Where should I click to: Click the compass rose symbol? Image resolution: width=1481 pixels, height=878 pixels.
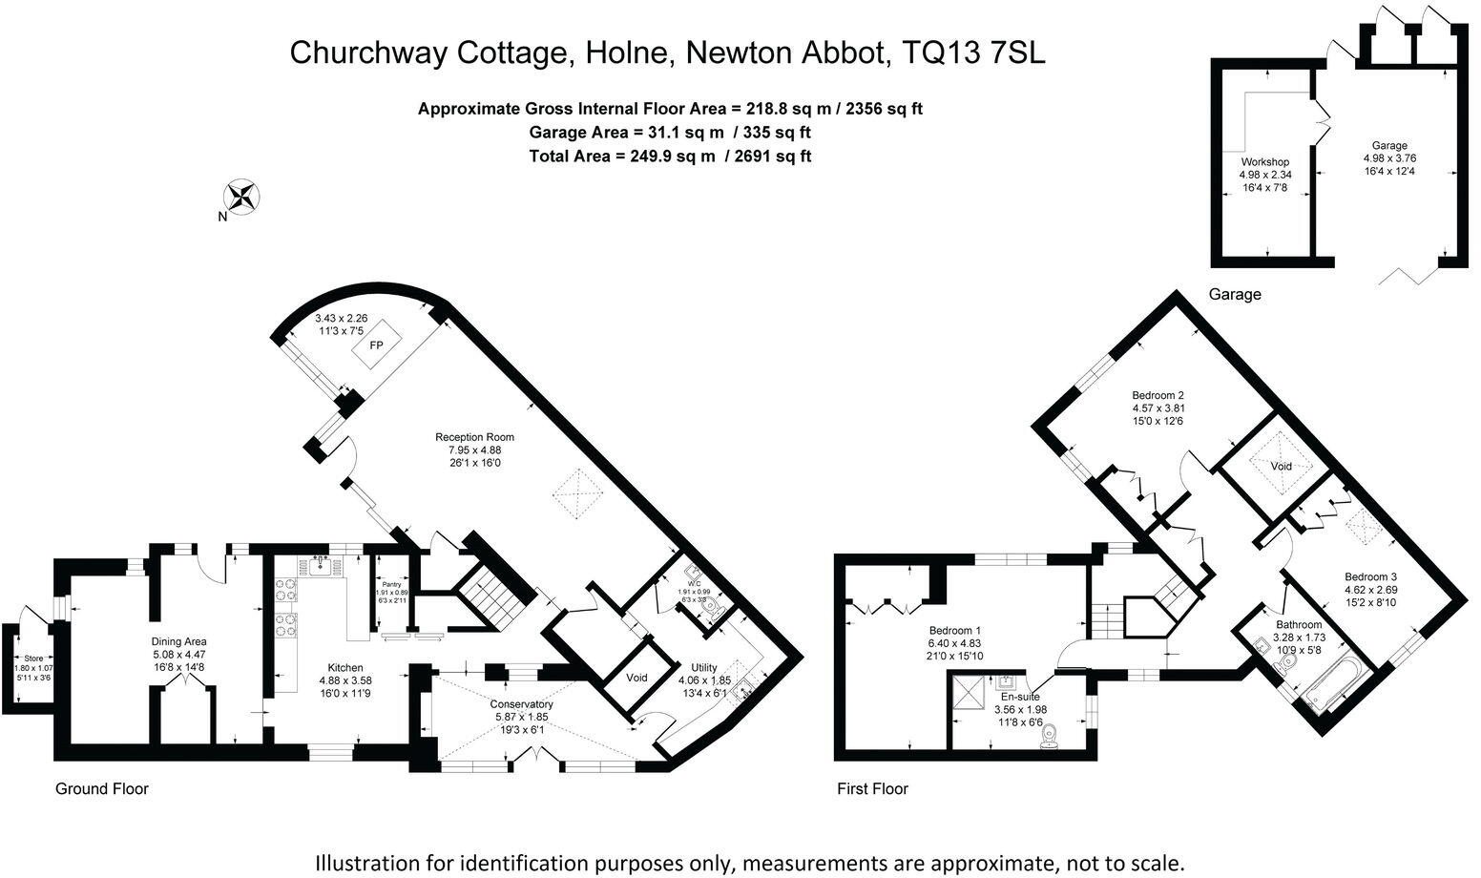(241, 197)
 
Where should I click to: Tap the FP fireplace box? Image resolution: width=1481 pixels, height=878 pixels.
(376, 345)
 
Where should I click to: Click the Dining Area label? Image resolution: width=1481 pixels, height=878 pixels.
(179, 641)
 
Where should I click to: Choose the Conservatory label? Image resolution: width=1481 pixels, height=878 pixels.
(522, 704)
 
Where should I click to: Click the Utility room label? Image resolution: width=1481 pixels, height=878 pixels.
(703, 667)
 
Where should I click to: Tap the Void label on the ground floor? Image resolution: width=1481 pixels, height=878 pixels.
(636, 678)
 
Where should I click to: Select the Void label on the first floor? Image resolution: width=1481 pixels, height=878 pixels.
(1281, 467)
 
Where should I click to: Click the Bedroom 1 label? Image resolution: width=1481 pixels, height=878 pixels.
(955, 631)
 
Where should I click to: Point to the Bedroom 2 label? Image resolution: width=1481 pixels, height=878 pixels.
(1158, 395)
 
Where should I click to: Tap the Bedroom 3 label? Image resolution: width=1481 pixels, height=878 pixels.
(1371, 576)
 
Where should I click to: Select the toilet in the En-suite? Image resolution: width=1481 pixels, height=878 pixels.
(1051, 735)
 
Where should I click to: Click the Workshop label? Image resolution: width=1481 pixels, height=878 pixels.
(1264, 162)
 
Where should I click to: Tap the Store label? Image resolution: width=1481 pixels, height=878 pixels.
(33, 658)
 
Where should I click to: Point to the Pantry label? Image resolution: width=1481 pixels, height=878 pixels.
(392, 583)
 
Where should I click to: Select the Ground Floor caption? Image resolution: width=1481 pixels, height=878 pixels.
(102, 788)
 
